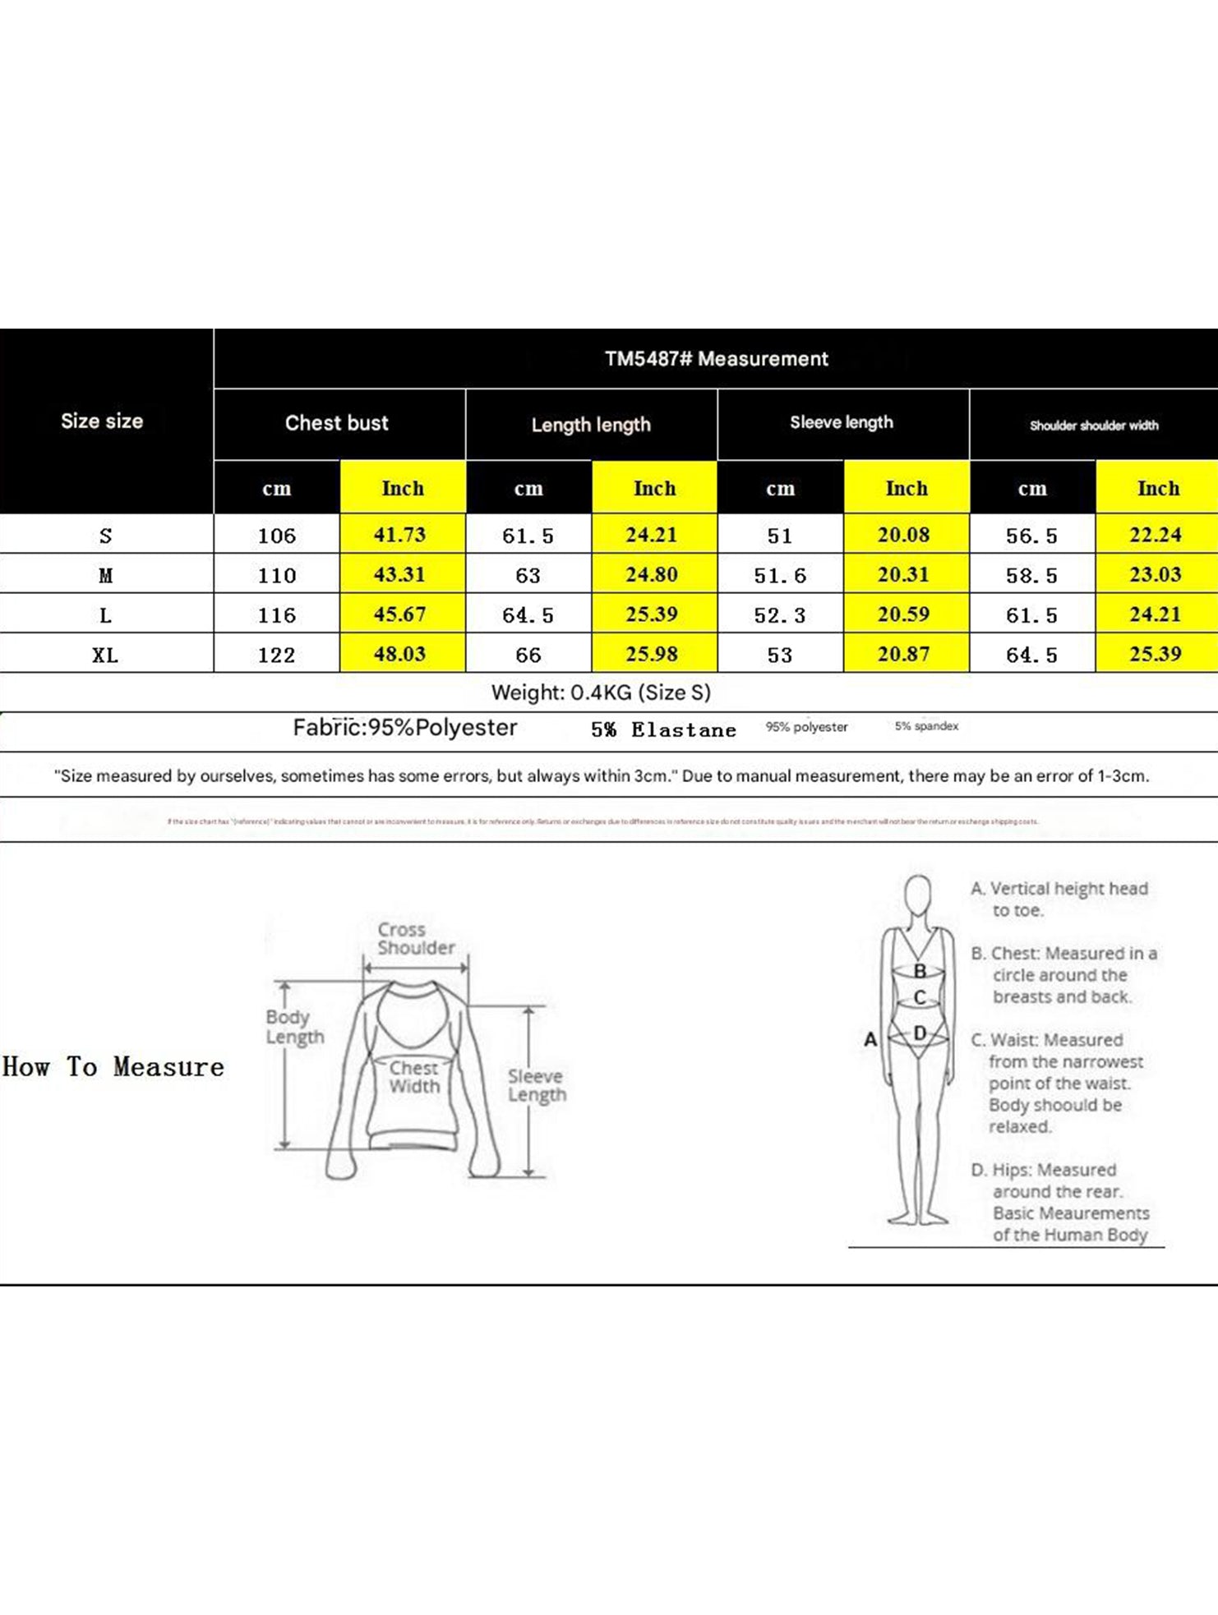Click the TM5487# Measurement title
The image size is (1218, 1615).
tap(716, 359)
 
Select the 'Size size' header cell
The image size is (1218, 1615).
tap(102, 421)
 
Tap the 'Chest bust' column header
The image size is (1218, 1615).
tap(337, 423)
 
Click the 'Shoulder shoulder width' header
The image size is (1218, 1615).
tap(1094, 426)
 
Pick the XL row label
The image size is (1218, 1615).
tap(105, 655)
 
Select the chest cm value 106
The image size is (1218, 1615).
tap(276, 536)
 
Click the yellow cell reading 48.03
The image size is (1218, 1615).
tap(400, 654)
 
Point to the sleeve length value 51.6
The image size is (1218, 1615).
tap(780, 575)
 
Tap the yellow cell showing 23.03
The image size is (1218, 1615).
tap(1156, 574)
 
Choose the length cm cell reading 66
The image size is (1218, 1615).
tap(528, 655)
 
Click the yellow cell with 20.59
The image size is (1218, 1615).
tap(903, 614)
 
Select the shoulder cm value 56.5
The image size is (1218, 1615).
tap(1031, 536)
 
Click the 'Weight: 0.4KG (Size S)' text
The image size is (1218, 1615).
tap(601, 692)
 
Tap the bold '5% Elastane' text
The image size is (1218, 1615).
tap(663, 729)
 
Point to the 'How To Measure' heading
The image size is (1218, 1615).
tap(113, 1067)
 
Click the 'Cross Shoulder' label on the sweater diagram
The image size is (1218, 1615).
tap(415, 938)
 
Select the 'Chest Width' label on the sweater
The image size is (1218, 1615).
tap(414, 1077)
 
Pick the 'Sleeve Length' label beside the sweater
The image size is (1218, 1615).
tap(537, 1085)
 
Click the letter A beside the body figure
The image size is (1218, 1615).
tap(870, 1039)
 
